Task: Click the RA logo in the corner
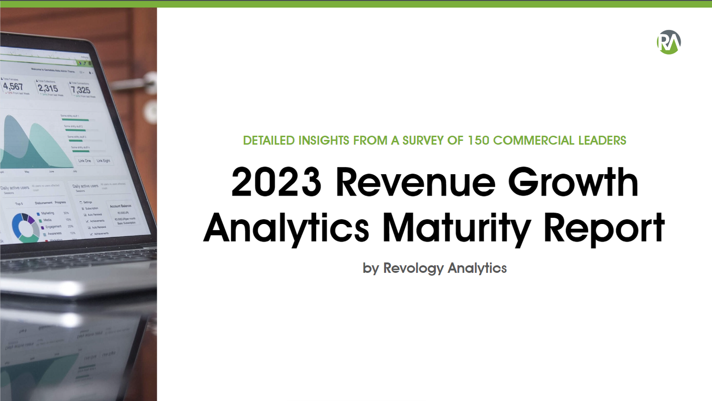click(669, 42)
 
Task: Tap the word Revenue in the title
click(415, 182)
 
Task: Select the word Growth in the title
click(573, 182)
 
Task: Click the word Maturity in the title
click(456, 228)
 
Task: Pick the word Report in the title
click(604, 228)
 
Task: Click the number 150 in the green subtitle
click(478, 140)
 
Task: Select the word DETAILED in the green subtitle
click(269, 140)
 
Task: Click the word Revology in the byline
click(413, 268)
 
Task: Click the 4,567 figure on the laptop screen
click(13, 86)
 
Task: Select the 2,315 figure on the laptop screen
click(48, 88)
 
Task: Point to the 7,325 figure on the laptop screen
click(80, 90)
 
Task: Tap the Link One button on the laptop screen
click(84, 161)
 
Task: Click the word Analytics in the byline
click(477, 268)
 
